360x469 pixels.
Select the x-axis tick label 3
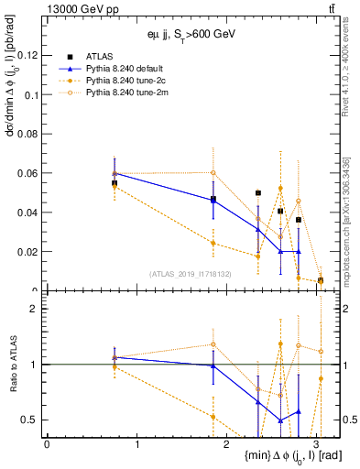point(320,444)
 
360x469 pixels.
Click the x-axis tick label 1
point(137,444)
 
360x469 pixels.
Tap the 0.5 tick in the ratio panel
point(32,420)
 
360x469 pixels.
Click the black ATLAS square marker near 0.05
point(258,193)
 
